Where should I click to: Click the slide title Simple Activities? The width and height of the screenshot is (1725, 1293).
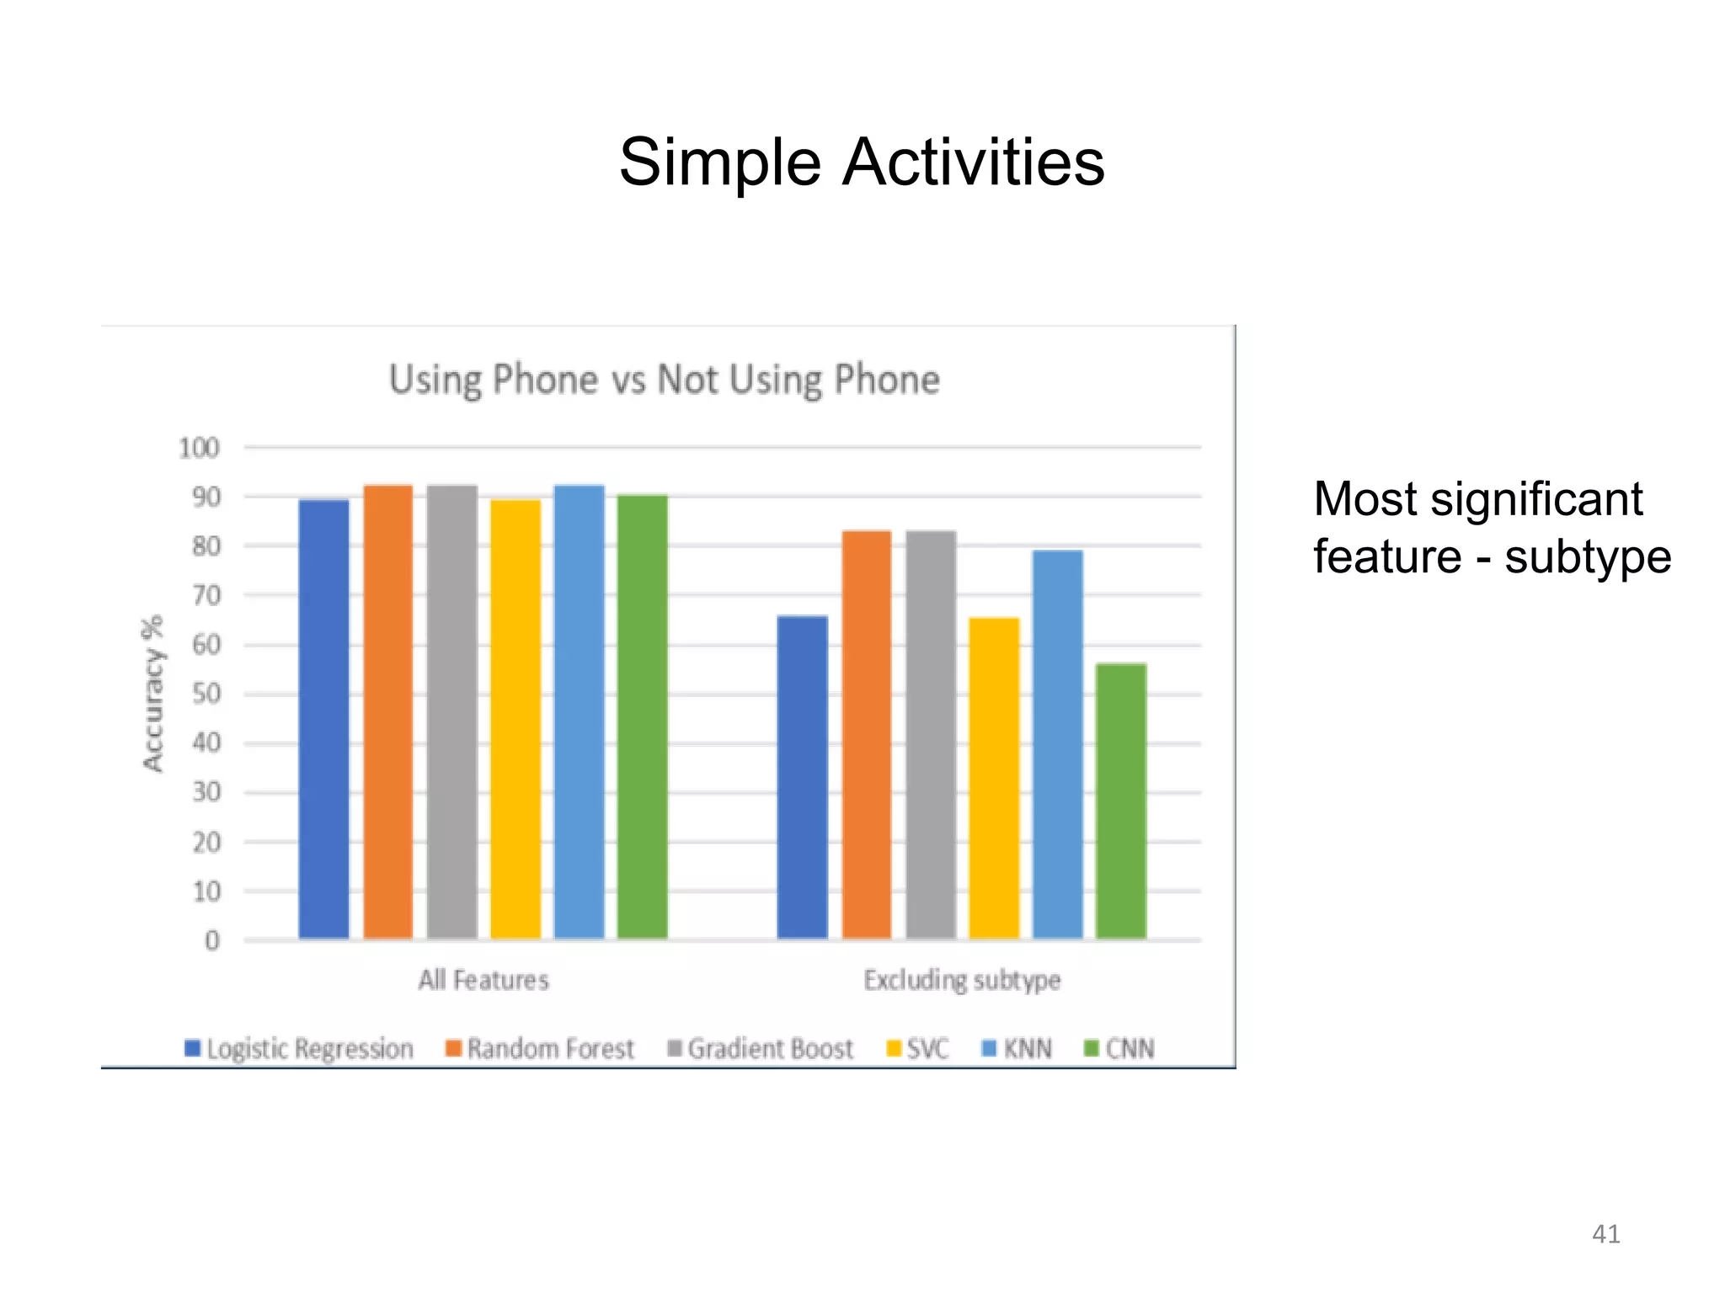click(861, 162)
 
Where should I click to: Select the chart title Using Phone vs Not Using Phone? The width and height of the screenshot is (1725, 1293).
click(664, 380)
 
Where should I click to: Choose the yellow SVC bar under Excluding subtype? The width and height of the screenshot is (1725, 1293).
click(994, 778)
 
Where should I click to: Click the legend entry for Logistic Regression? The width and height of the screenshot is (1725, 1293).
click(300, 1049)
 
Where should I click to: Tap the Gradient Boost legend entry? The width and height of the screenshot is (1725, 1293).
click(761, 1049)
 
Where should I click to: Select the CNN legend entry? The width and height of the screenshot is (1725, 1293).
click(1119, 1049)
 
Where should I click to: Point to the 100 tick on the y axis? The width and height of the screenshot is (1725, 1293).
click(199, 448)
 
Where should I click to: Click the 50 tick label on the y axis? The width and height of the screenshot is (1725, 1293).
click(206, 694)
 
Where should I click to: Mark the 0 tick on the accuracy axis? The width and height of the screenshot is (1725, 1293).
click(212, 940)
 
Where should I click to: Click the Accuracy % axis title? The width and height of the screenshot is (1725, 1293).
click(152, 693)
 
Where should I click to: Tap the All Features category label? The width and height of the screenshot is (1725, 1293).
click(483, 980)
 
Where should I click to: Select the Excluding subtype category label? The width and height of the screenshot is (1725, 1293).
click(962, 980)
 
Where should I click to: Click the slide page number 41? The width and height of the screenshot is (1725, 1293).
click(1605, 1234)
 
